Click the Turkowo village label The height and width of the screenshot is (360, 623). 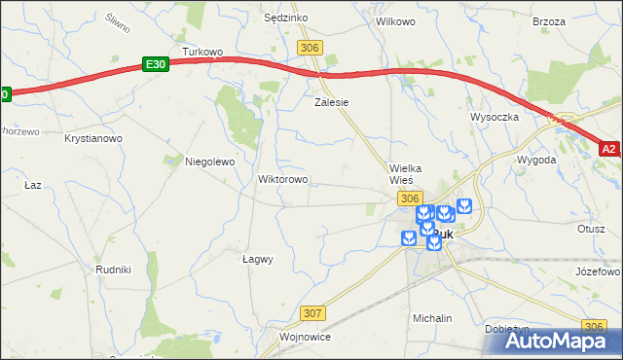203,52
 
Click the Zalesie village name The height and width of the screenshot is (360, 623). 331,101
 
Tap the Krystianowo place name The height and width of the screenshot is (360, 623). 93,139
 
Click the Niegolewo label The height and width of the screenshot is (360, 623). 210,162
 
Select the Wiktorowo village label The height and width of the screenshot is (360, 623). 282,180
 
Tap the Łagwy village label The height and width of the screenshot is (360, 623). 257,259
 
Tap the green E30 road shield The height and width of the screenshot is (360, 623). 155,63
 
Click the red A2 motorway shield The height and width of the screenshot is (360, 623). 609,149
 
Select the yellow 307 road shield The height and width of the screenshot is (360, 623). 312,312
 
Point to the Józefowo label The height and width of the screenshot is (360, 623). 598,271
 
